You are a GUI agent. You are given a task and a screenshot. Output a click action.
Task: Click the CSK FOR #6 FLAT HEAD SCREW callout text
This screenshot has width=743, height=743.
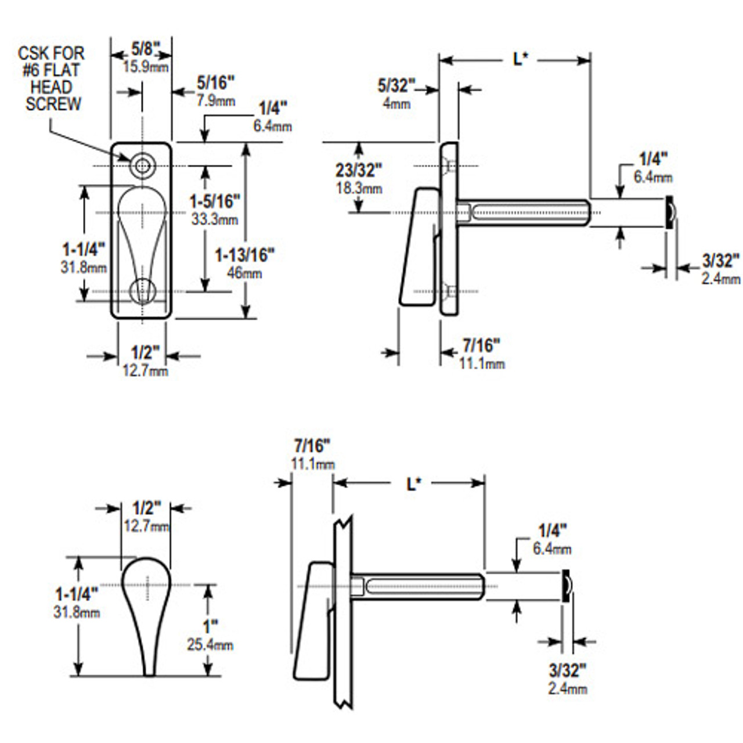(x=52, y=79)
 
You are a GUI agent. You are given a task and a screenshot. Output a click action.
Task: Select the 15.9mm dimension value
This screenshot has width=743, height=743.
(x=146, y=67)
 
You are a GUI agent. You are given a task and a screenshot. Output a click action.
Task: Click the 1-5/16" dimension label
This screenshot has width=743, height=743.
(x=215, y=201)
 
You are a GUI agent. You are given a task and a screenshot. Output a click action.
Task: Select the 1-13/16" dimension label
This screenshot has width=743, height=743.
(x=244, y=255)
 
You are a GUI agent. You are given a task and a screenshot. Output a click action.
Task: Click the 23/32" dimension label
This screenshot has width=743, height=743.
(x=359, y=170)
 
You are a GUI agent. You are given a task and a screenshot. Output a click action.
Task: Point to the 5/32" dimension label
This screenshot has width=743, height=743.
(x=396, y=86)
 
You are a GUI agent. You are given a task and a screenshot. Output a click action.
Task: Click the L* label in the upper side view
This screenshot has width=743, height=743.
(x=520, y=59)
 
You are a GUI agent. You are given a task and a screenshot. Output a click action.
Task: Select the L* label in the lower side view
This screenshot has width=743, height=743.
(x=413, y=483)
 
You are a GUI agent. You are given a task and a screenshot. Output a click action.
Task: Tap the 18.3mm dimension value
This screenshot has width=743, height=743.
(x=359, y=188)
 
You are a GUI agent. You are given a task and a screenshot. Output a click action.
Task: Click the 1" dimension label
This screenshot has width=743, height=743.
(x=210, y=626)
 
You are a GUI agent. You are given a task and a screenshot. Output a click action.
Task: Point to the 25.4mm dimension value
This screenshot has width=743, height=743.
(x=210, y=644)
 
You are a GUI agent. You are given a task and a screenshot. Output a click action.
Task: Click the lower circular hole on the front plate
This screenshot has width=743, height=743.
(x=142, y=291)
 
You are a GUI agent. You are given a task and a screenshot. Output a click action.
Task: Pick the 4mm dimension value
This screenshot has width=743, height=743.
(x=396, y=103)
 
